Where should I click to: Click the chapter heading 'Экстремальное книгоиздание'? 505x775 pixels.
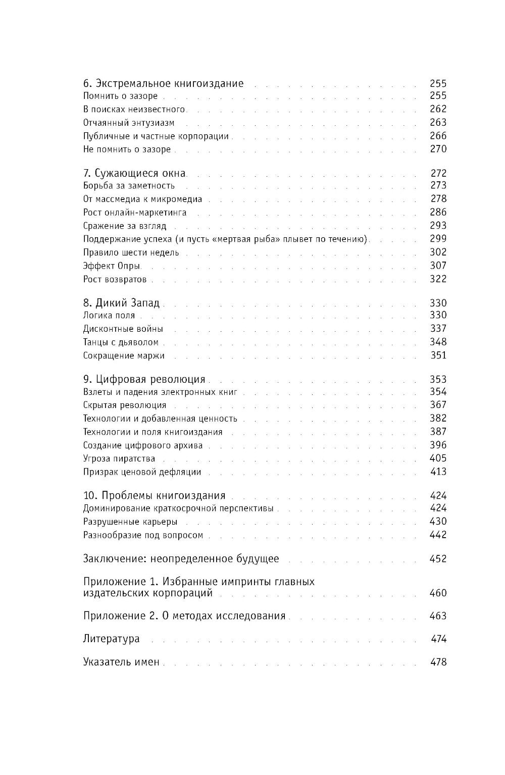pyautogui.click(x=169, y=83)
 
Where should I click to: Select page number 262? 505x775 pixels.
pyautogui.click(x=438, y=109)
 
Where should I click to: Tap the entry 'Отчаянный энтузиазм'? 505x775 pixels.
pyautogui.click(x=128, y=123)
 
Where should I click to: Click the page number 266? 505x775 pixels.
pyautogui.click(x=438, y=136)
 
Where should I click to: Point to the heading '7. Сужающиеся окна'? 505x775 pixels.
pyautogui.click(x=134, y=173)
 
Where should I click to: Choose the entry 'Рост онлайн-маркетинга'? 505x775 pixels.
pyautogui.click(x=135, y=213)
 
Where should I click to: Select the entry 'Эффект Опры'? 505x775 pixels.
pyautogui.click(x=112, y=266)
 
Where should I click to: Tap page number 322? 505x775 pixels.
pyautogui.click(x=438, y=279)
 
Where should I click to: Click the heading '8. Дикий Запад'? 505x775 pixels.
pyautogui.click(x=121, y=303)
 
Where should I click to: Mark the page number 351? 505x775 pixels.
pyautogui.click(x=438, y=355)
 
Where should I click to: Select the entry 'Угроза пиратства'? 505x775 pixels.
pyautogui.click(x=119, y=459)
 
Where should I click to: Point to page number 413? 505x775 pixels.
pyautogui.click(x=438, y=472)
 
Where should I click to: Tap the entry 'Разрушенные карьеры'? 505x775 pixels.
pyautogui.click(x=130, y=522)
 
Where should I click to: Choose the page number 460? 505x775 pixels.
pyautogui.click(x=438, y=593)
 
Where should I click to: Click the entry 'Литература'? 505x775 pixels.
pyautogui.click(x=111, y=639)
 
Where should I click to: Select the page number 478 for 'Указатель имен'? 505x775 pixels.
pyautogui.click(x=438, y=662)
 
